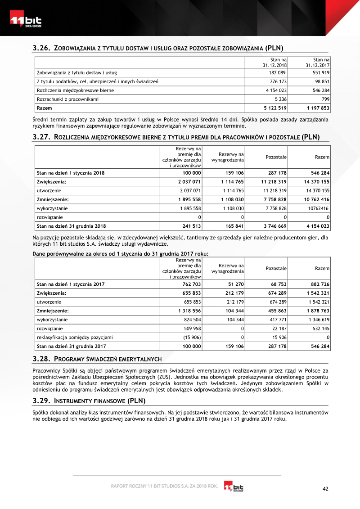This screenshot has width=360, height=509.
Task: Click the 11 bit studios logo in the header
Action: click(26, 21)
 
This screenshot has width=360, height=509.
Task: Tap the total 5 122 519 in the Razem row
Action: click(275, 108)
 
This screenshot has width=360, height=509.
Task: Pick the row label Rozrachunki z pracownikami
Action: click(67, 99)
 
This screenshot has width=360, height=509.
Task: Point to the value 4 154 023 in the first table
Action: click(275, 90)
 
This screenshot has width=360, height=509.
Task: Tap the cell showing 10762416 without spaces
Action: click(318, 208)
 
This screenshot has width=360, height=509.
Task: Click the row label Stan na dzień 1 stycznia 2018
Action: click(70, 172)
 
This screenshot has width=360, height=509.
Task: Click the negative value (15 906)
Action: click(190, 337)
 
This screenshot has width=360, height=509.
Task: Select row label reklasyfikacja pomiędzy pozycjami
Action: click(75, 337)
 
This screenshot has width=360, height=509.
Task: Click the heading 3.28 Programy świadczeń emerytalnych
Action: click(97, 359)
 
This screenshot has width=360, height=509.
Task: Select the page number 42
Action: click(326, 489)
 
